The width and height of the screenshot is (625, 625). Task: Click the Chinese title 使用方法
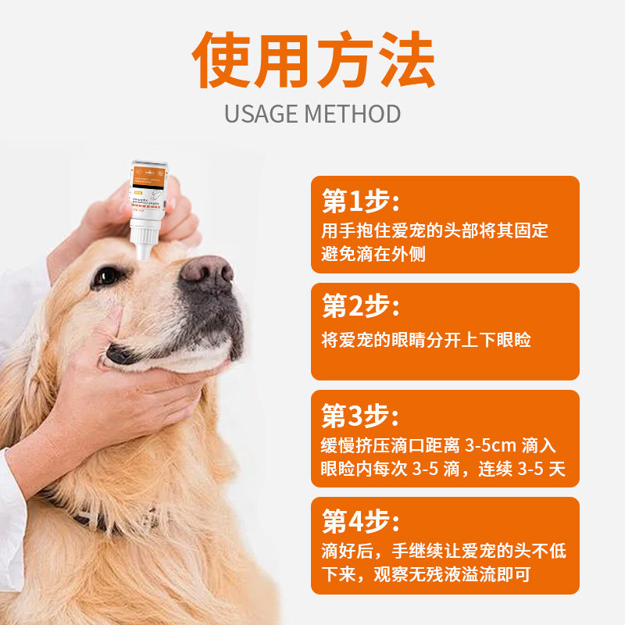pyautogui.click(x=312, y=61)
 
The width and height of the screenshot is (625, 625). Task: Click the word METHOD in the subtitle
pyautogui.click(x=353, y=114)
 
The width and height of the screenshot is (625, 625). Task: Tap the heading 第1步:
pyautogui.click(x=361, y=202)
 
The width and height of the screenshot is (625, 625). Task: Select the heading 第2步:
pyautogui.click(x=361, y=307)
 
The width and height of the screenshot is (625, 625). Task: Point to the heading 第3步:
pyautogui.click(x=361, y=414)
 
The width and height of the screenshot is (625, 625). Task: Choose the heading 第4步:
pyautogui.click(x=361, y=521)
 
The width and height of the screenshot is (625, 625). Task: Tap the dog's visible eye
pyautogui.click(x=107, y=276)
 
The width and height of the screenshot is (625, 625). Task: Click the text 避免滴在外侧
pyautogui.click(x=373, y=254)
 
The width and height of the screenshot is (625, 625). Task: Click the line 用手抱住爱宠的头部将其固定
pyautogui.click(x=435, y=231)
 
